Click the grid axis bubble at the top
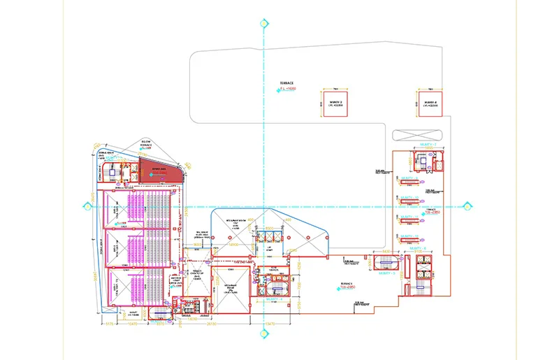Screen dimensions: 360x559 (x=263, y=24)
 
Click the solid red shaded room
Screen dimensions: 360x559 (x=159, y=170)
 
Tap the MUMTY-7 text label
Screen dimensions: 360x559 (x=427, y=144)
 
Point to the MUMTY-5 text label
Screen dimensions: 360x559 (x=386, y=273)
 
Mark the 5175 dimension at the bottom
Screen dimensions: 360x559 (x=110, y=324)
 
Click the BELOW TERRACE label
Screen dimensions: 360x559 (x=147, y=143)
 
